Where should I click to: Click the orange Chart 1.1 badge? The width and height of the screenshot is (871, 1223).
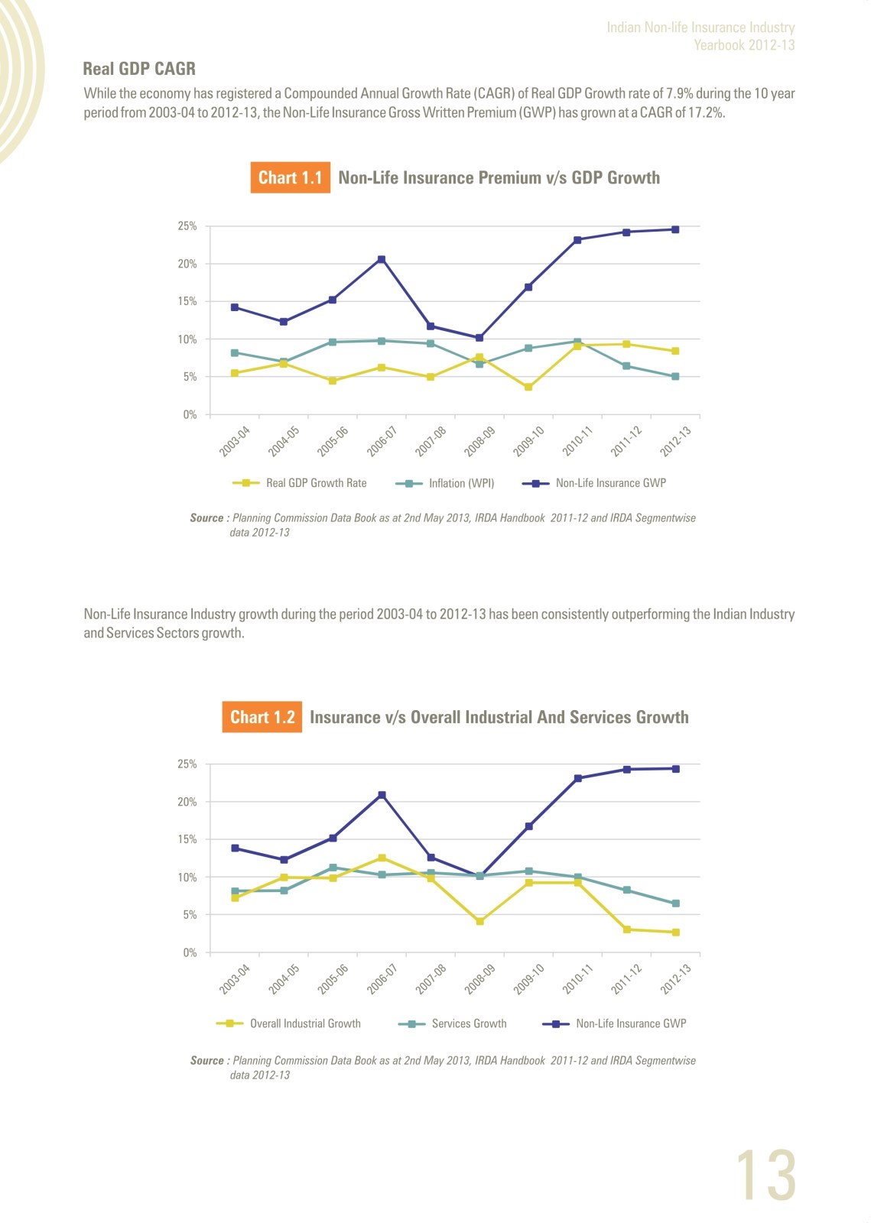[290, 177]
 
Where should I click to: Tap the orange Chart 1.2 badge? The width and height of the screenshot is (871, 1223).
[262, 717]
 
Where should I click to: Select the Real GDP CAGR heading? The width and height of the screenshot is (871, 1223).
[139, 69]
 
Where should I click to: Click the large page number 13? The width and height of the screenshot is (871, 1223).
[765, 1175]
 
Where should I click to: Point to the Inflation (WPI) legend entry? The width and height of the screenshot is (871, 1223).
[444, 483]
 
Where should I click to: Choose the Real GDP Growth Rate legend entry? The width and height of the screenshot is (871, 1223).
[299, 483]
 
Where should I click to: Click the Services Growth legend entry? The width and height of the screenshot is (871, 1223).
[452, 1023]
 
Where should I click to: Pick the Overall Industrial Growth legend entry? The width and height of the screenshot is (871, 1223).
[288, 1023]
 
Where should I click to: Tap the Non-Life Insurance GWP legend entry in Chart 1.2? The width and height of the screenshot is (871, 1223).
[614, 1023]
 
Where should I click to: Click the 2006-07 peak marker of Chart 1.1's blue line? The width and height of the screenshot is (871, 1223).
[382, 259]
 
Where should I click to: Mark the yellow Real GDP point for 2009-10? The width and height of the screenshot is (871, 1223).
[528, 387]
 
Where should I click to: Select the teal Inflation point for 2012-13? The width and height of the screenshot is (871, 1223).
[675, 377]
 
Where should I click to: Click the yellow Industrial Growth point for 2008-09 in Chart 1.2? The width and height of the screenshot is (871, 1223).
[480, 921]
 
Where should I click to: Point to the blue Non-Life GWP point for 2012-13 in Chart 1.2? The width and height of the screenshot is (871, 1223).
[676, 769]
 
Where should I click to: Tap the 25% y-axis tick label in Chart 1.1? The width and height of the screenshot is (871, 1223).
[187, 226]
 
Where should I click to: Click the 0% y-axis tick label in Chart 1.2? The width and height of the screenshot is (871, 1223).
[190, 952]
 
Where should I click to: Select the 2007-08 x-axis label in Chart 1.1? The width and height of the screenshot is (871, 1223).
[431, 441]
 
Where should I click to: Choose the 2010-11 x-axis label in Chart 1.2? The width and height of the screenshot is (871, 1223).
[577, 979]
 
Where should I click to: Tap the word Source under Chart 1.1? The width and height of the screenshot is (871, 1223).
[206, 517]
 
